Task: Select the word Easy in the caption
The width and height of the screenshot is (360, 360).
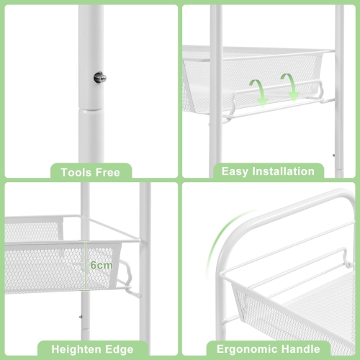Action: point(235,171)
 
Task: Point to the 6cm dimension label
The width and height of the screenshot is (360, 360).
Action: point(101,265)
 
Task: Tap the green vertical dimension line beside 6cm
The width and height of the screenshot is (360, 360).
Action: point(86,265)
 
